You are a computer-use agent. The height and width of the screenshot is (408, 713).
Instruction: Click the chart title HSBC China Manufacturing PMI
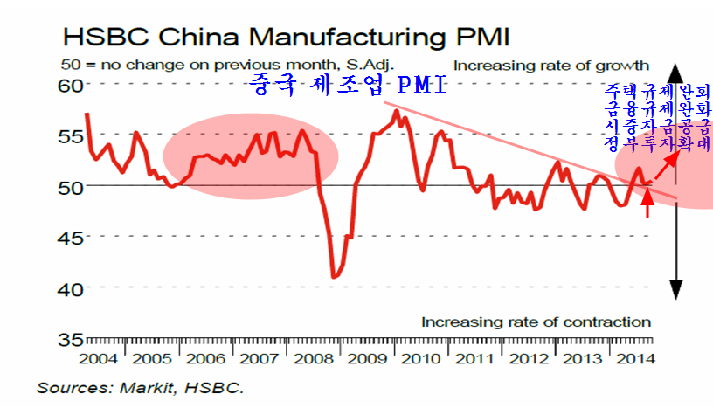click(285, 38)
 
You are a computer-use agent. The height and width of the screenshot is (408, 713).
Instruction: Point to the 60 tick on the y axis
click(71, 85)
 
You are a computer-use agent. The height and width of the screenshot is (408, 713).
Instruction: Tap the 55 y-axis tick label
click(71, 135)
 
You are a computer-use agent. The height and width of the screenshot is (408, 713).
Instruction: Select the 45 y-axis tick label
click(71, 237)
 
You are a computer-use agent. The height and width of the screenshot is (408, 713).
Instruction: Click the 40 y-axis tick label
click(71, 287)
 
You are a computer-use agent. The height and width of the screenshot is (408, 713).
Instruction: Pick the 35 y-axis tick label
click(71, 338)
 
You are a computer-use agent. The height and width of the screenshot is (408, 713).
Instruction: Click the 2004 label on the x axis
click(99, 359)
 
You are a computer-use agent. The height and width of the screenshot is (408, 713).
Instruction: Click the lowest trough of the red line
click(333, 277)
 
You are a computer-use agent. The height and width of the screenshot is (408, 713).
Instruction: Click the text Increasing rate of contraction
click(536, 322)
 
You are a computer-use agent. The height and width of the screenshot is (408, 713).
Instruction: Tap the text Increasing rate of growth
click(551, 65)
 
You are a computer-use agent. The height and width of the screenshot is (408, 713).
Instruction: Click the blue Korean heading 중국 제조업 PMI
click(347, 86)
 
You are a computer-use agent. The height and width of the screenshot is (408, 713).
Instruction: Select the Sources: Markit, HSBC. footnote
click(141, 386)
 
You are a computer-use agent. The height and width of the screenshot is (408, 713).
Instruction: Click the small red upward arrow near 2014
click(647, 203)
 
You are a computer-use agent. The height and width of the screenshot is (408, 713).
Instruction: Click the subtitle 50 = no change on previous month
click(227, 65)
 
